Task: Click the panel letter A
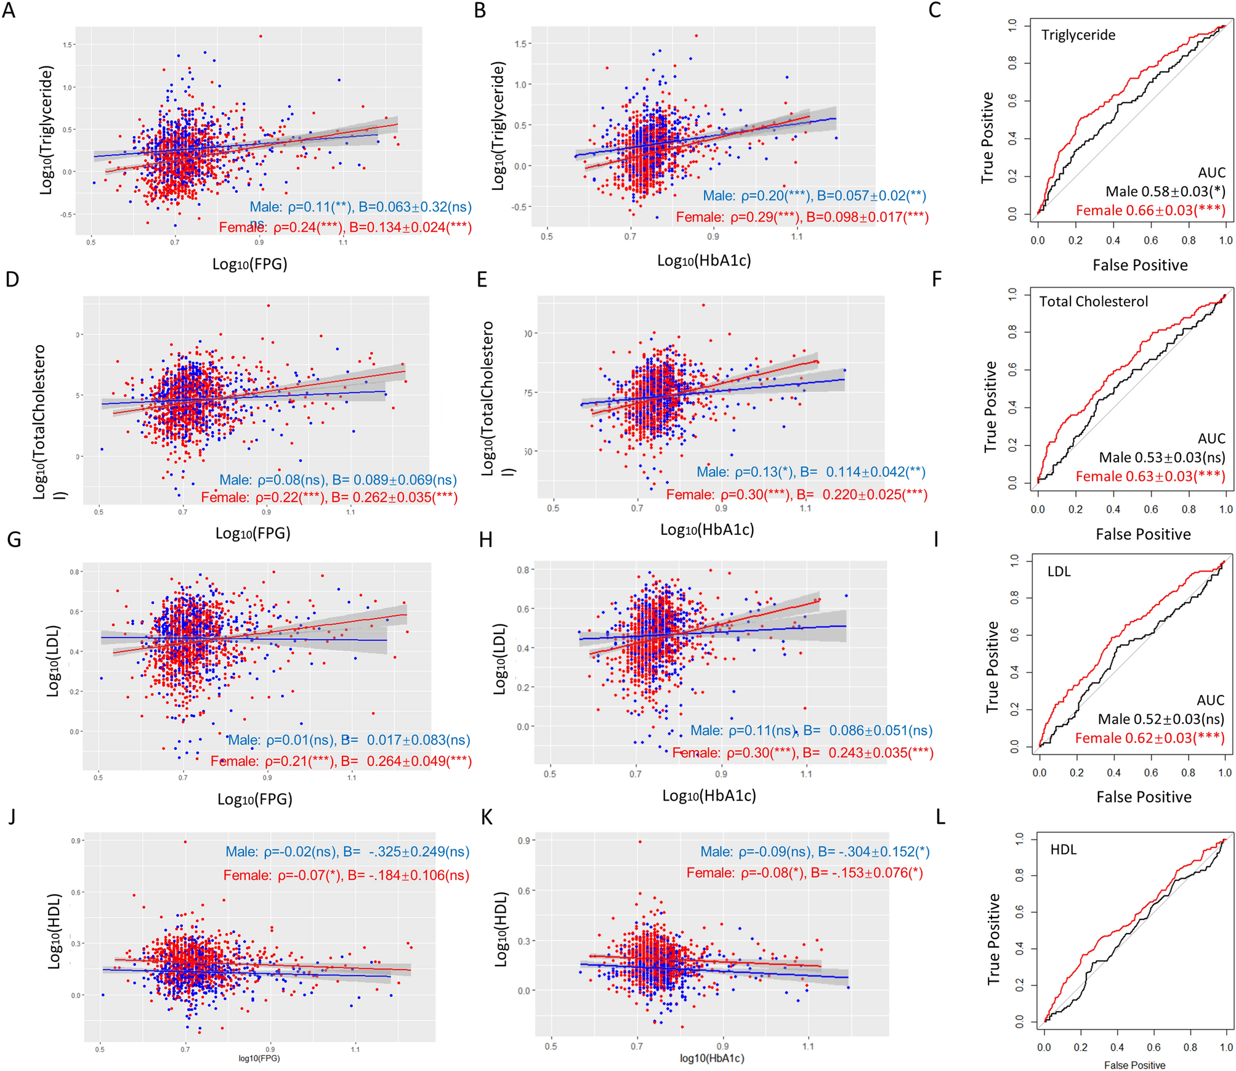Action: [9, 11]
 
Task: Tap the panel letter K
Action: [487, 817]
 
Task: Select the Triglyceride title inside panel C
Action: [1078, 35]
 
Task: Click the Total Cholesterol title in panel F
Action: [1093, 301]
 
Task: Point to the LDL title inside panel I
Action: [1059, 571]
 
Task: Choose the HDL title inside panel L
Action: [1063, 850]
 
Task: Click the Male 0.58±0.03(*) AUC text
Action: [1165, 192]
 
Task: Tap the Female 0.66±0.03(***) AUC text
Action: [1150, 211]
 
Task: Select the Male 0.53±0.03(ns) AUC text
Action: [1161, 457]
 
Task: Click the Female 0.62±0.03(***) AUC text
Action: [1149, 738]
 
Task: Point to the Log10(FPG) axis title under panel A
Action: [249, 264]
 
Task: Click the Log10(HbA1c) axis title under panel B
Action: [703, 261]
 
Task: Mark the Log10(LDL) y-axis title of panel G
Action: [54, 661]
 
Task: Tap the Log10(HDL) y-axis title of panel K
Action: [501, 929]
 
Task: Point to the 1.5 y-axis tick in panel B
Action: [522, 44]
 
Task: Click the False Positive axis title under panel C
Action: [1140, 265]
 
